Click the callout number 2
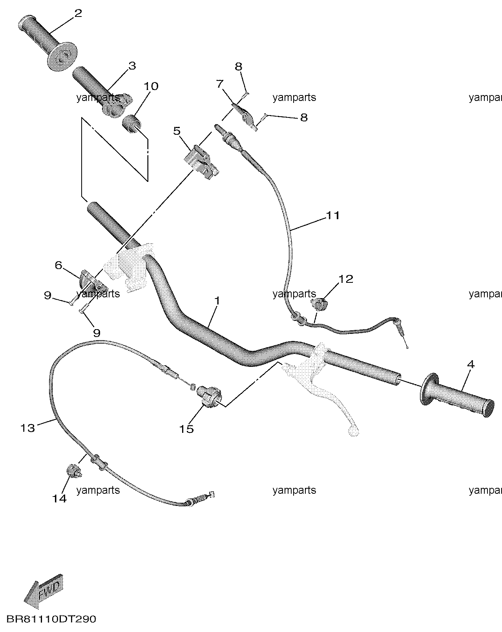[78, 13]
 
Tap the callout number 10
[151, 86]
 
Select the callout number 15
[186, 429]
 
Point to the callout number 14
[59, 498]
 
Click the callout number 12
[346, 279]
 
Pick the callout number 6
[59, 266]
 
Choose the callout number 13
[27, 428]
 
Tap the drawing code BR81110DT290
[51, 619]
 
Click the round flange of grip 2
[62, 57]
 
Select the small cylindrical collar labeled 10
[131, 125]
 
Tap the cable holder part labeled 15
[210, 397]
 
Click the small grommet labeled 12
[319, 304]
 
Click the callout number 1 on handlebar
[217, 301]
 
